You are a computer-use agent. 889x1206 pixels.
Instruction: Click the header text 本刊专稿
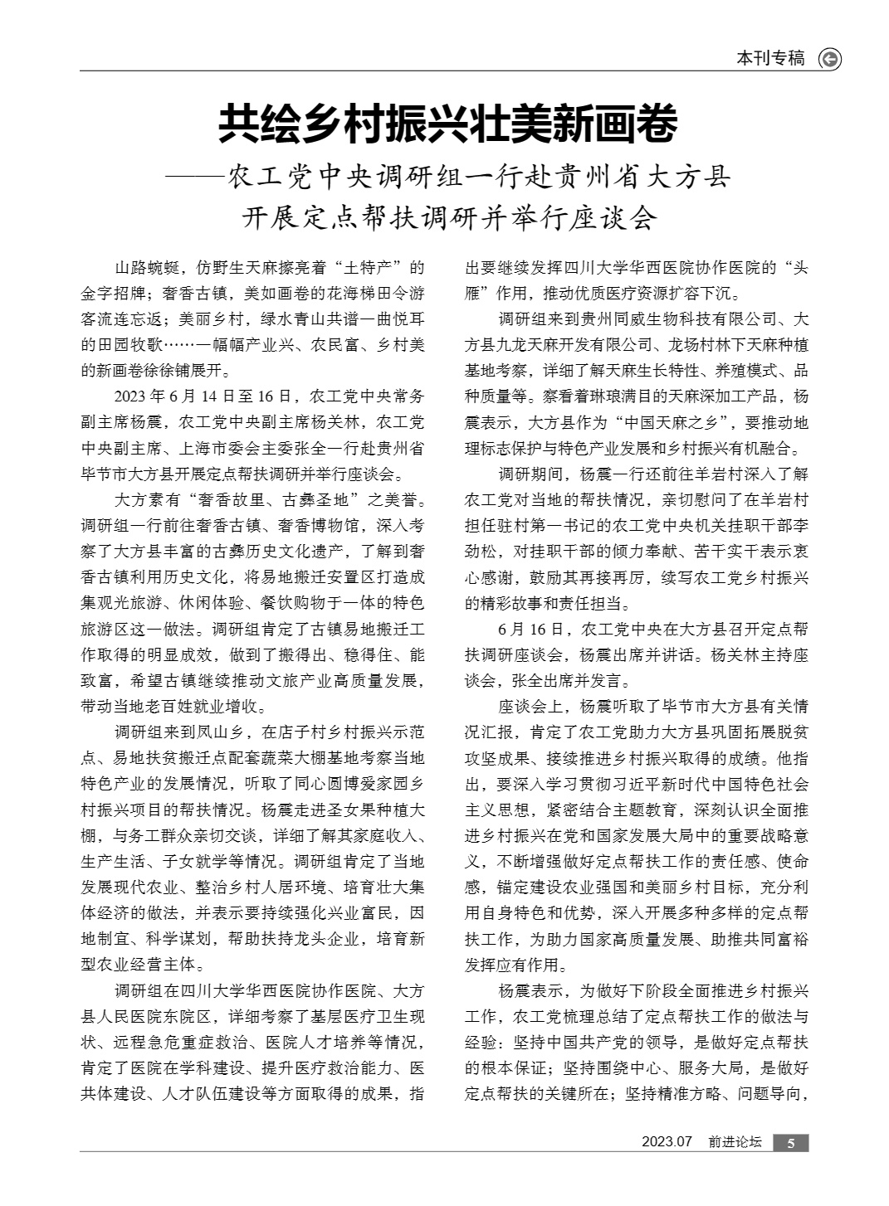pos(770,59)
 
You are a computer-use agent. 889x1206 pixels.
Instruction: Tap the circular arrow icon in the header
pos(829,59)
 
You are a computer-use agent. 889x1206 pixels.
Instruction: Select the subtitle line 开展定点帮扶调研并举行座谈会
pos(448,218)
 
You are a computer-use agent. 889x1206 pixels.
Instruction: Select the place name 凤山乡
pos(226,732)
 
